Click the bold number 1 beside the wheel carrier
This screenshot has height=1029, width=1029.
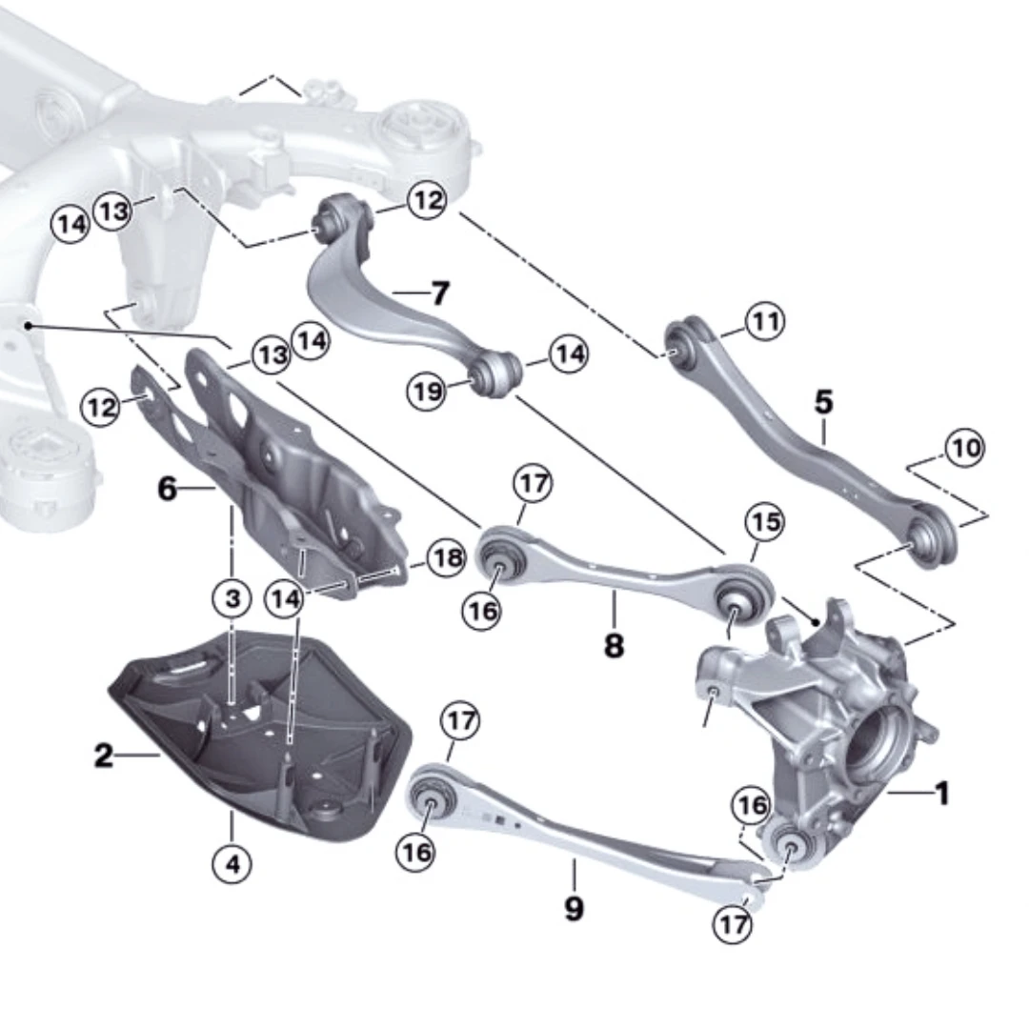pyautogui.click(x=941, y=793)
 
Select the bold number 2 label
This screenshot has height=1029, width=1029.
pyautogui.click(x=104, y=757)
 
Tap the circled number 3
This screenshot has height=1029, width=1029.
pyautogui.click(x=232, y=599)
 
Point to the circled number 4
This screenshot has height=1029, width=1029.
pyautogui.click(x=232, y=865)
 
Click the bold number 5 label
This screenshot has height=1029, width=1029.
pyautogui.click(x=823, y=402)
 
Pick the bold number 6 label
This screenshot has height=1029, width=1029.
pyautogui.click(x=168, y=490)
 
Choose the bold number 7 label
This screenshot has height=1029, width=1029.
pyautogui.click(x=438, y=293)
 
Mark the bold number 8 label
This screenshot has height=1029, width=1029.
pyautogui.click(x=614, y=646)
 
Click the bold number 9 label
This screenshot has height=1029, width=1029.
pyautogui.click(x=574, y=908)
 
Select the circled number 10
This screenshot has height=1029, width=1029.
pyautogui.click(x=966, y=447)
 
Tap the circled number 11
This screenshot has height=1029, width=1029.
pyautogui.click(x=764, y=322)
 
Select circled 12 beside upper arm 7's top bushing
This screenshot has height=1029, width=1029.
pyautogui.click(x=428, y=201)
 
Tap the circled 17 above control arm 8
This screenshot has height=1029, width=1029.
pyautogui.click(x=534, y=484)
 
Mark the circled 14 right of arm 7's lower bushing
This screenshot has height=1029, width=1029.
pyautogui.click(x=570, y=355)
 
